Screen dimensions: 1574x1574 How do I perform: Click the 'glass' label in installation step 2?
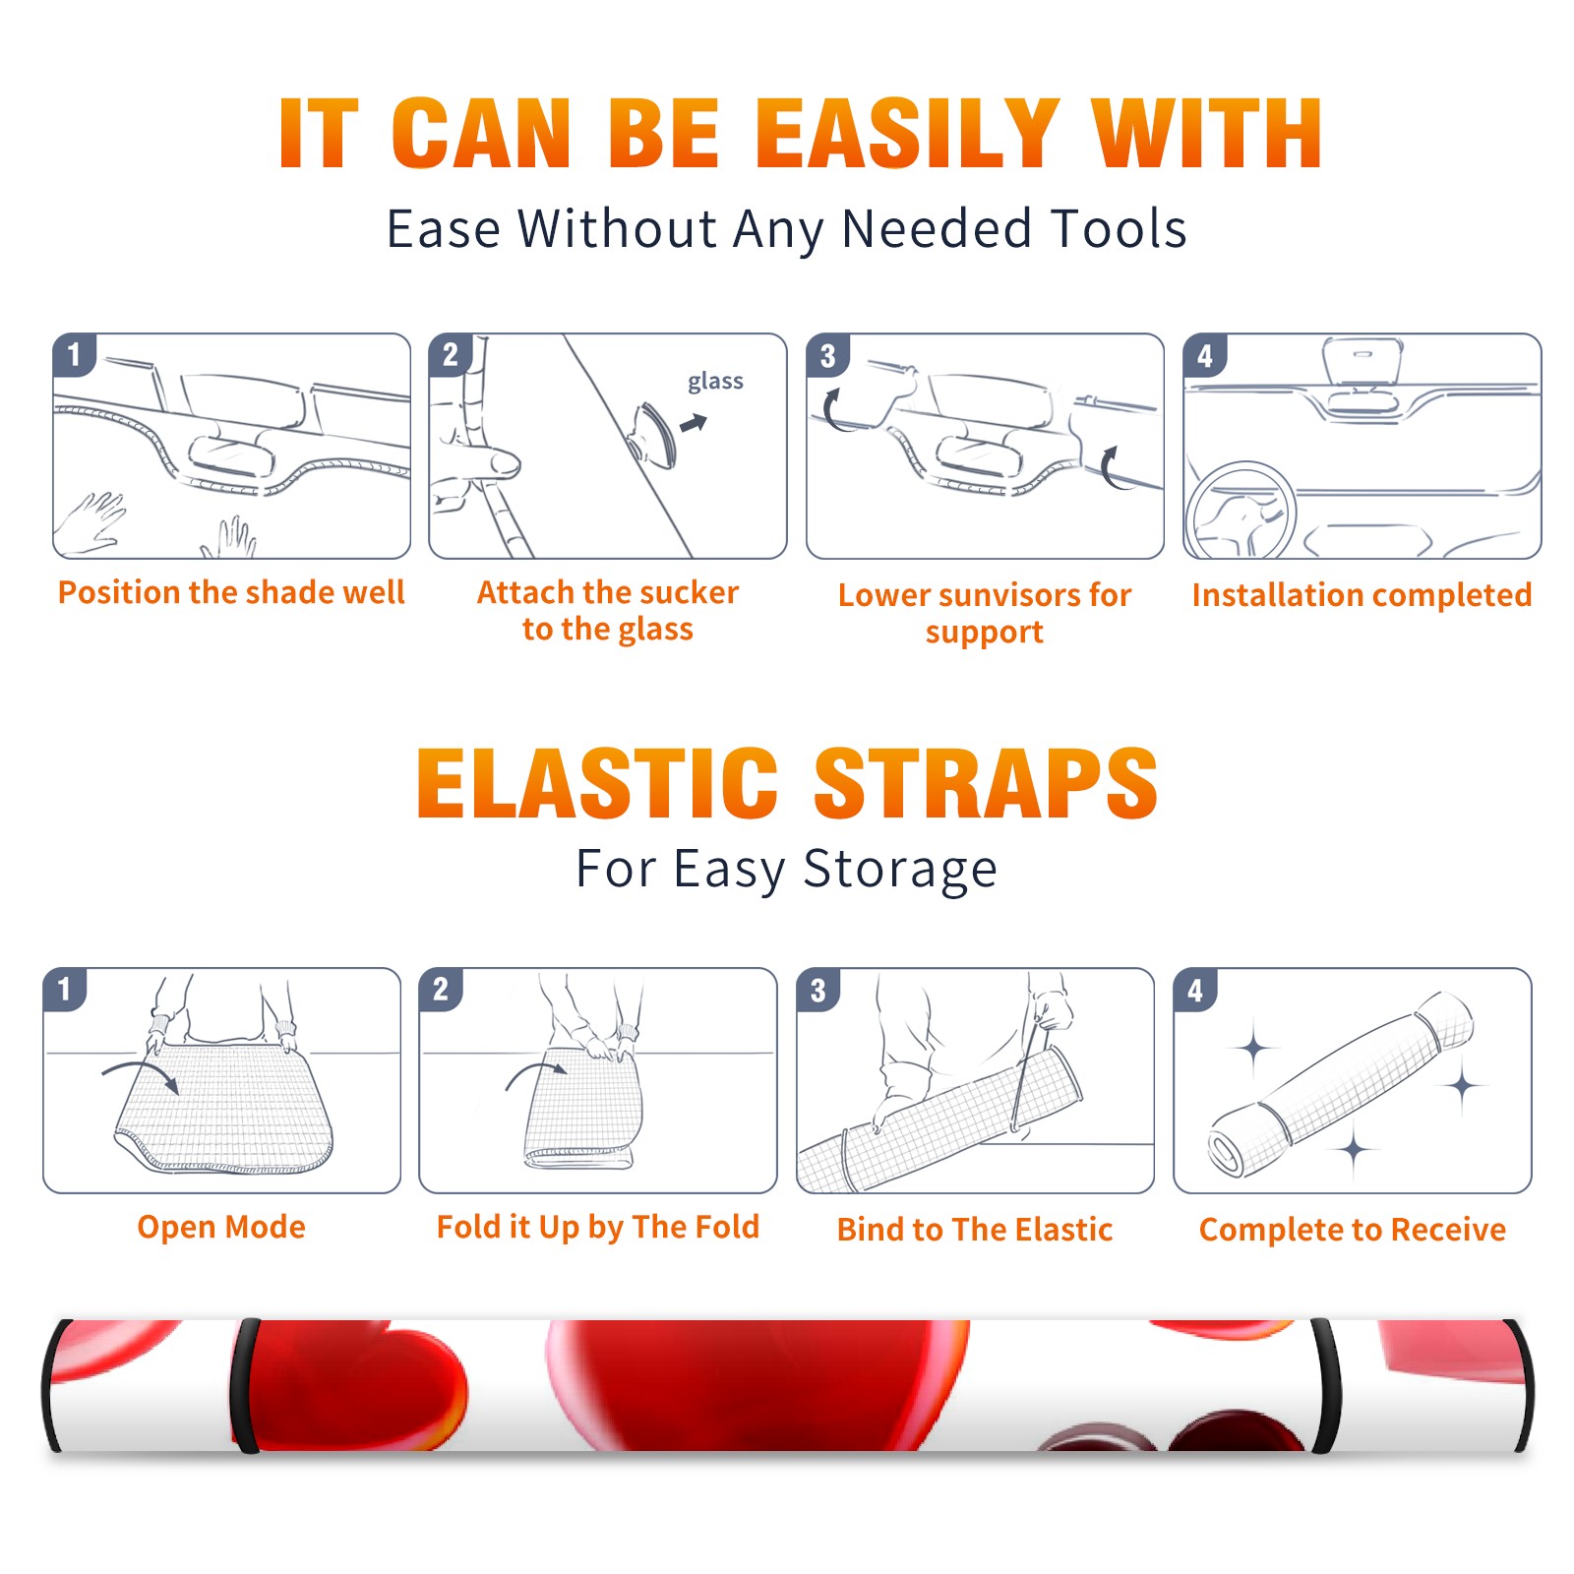click(715, 382)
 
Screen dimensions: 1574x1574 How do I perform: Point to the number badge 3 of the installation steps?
click(827, 355)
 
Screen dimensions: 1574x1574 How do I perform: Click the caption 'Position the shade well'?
click(231, 592)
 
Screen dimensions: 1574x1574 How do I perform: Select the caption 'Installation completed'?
click(1362, 595)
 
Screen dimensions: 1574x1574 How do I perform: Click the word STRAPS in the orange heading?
click(986, 783)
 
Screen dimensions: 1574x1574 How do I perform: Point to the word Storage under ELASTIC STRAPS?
click(900, 871)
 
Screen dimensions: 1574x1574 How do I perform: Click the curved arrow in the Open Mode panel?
click(141, 1072)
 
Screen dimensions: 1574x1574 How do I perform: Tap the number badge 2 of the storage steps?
click(441, 989)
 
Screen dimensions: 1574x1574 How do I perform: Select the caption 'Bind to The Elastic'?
click(975, 1230)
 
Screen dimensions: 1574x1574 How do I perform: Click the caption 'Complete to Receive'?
click(1353, 1231)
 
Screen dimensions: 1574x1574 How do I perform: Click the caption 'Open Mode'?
click(221, 1228)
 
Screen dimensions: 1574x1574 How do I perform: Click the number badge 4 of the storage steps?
click(1195, 989)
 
